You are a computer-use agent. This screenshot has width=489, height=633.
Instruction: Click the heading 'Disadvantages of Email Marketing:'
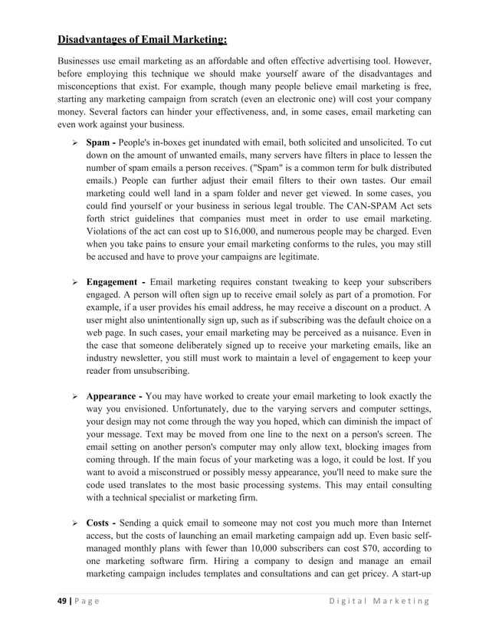tap(143, 39)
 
